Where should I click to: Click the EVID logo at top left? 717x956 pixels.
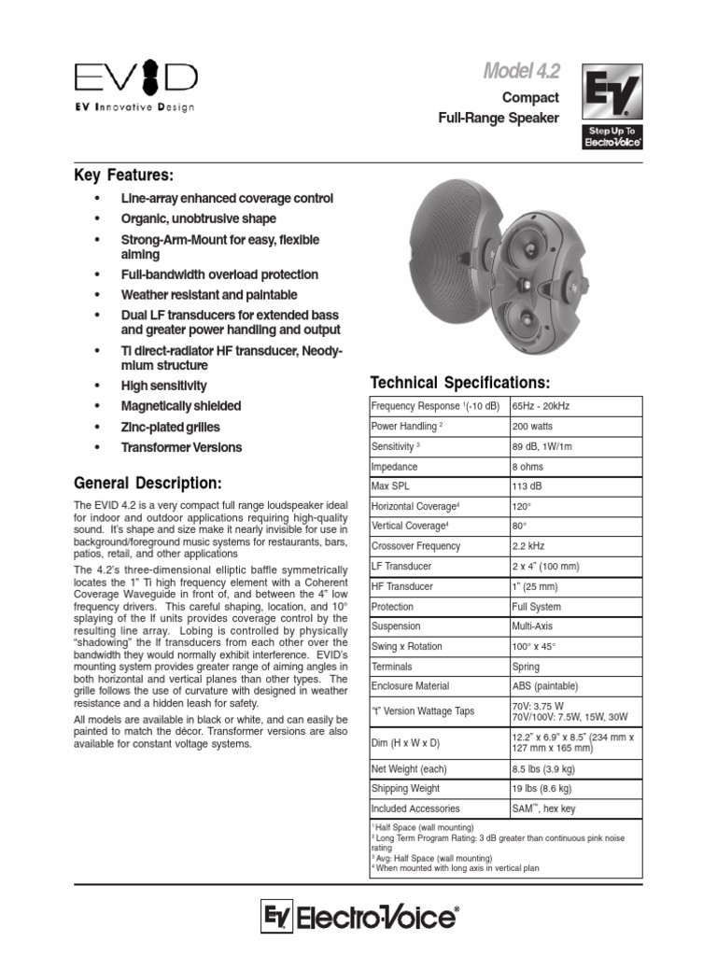pos(135,77)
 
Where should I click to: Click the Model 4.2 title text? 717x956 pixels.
pos(521,71)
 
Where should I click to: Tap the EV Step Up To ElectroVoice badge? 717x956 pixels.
pos(612,105)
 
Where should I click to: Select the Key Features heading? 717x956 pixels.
pos(124,176)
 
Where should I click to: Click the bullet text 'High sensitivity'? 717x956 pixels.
pos(164,386)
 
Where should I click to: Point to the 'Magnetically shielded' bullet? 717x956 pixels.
pos(180,406)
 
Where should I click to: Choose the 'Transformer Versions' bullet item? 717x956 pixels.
pos(181,447)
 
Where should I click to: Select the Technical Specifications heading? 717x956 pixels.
pos(460,383)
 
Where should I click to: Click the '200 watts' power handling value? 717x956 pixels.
pos(532,426)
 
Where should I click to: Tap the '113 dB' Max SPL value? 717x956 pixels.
pos(527,486)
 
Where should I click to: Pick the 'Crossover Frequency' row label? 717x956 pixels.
pos(415,546)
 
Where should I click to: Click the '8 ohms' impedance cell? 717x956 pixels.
pos(528,466)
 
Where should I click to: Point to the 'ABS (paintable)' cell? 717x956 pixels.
pos(544,686)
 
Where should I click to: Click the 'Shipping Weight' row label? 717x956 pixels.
pos(407,789)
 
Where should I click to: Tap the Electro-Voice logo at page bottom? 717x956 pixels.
pos(359,919)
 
